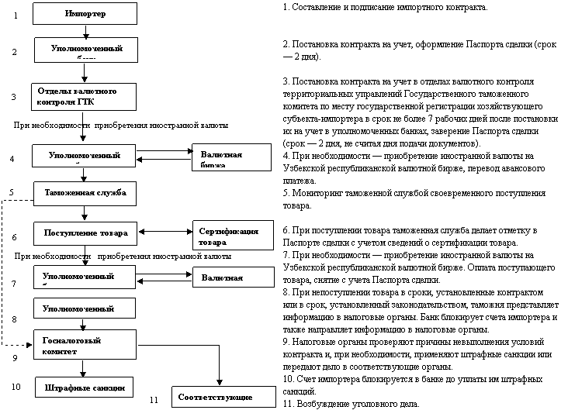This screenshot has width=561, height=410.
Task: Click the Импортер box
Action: [x=85, y=14]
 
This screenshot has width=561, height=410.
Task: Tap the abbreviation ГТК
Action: [x=86, y=102]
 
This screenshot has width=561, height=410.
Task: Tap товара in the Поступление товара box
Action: [x=114, y=233]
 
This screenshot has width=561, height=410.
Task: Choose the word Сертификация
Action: [x=229, y=231]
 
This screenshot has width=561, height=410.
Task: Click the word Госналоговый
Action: [x=72, y=340]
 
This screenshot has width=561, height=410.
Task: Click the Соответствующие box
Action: [x=223, y=397]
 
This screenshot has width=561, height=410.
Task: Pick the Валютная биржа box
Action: [x=231, y=157]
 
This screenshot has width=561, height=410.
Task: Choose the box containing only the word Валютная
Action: [x=233, y=277]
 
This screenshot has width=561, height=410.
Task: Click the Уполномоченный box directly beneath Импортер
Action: [x=86, y=50]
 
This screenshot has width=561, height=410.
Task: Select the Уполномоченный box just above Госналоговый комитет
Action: [x=84, y=308]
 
